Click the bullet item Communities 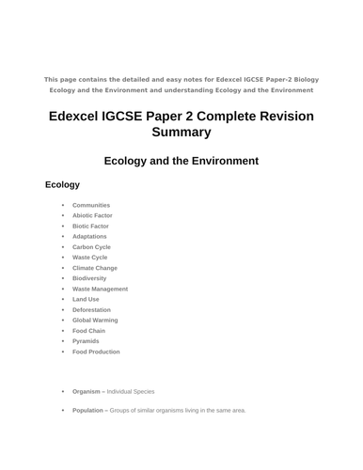[x=91, y=205]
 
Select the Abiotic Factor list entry [x=92, y=215]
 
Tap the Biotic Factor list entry [x=90, y=226]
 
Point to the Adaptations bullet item [x=91, y=236]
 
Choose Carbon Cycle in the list [x=91, y=247]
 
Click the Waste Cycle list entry [x=90, y=258]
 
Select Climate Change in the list [x=95, y=268]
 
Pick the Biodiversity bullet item [x=89, y=278]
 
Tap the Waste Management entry [x=100, y=289]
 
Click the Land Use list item [x=86, y=299]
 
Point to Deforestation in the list [x=91, y=309]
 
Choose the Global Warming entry [x=95, y=321]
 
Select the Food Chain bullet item [x=88, y=331]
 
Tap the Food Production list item [x=96, y=352]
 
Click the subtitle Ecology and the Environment [x=181, y=161]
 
